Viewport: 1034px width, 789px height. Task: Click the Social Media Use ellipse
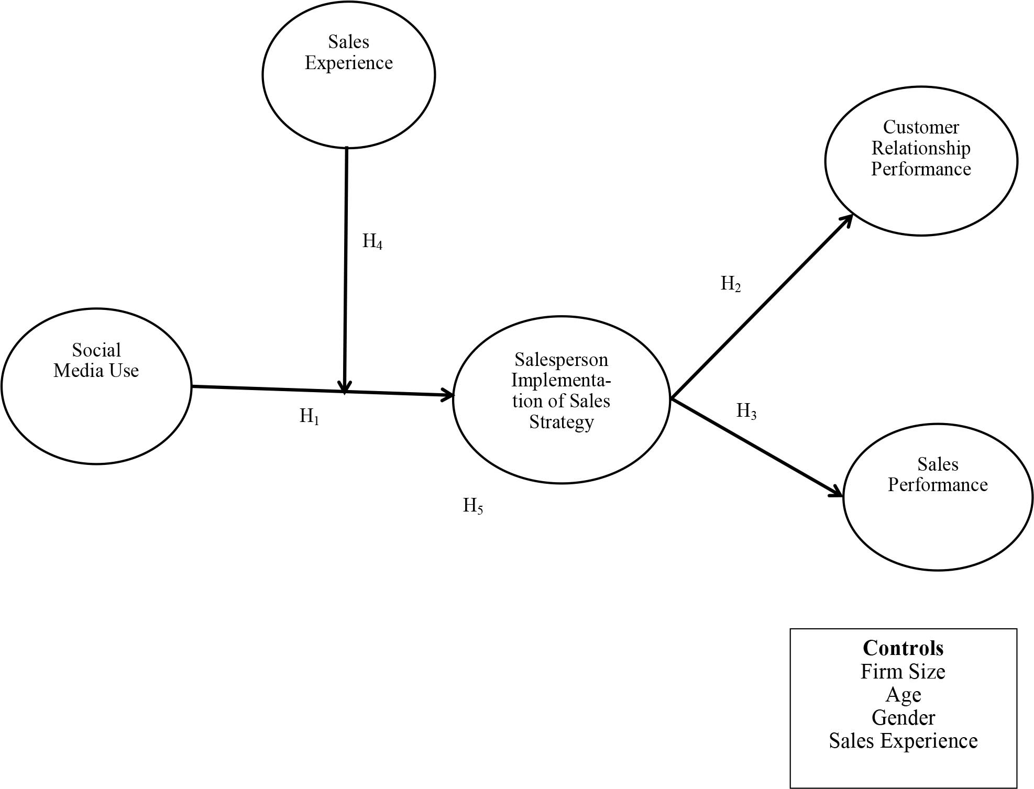pyautogui.click(x=96, y=386)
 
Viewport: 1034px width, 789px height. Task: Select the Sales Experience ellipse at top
pyautogui.click(x=348, y=75)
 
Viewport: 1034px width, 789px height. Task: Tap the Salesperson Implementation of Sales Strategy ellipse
pyautogui.click(x=561, y=399)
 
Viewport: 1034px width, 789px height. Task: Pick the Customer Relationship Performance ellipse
pyautogui.click(x=921, y=161)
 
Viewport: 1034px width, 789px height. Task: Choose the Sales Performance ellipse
pyautogui.click(x=938, y=496)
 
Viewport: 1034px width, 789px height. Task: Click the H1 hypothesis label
pyautogui.click(x=309, y=417)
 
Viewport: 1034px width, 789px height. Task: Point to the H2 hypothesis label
pyautogui.click(x=731, y=284)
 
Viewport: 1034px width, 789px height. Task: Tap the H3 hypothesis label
pyautogui.click(x=746, y=412)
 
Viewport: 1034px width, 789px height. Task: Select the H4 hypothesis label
pyautogui.click(x=372, y=242)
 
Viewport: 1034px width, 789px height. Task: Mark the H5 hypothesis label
pyautogui.click(x=472, y=506)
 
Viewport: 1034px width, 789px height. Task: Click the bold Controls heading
pyautogui.click(x=903, y=648)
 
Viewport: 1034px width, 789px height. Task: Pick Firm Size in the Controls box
pyautogui.click(x=903, y=672)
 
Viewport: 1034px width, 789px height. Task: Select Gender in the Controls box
pyautogui.click(x=903, y=718)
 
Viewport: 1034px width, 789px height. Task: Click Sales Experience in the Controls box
pyautogui.click(x=903, y=741)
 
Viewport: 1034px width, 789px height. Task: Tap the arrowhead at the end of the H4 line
pyautogui.click(x=344, y=387)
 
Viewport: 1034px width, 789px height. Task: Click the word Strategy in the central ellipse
pyautogui.click(x=561, y=422)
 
